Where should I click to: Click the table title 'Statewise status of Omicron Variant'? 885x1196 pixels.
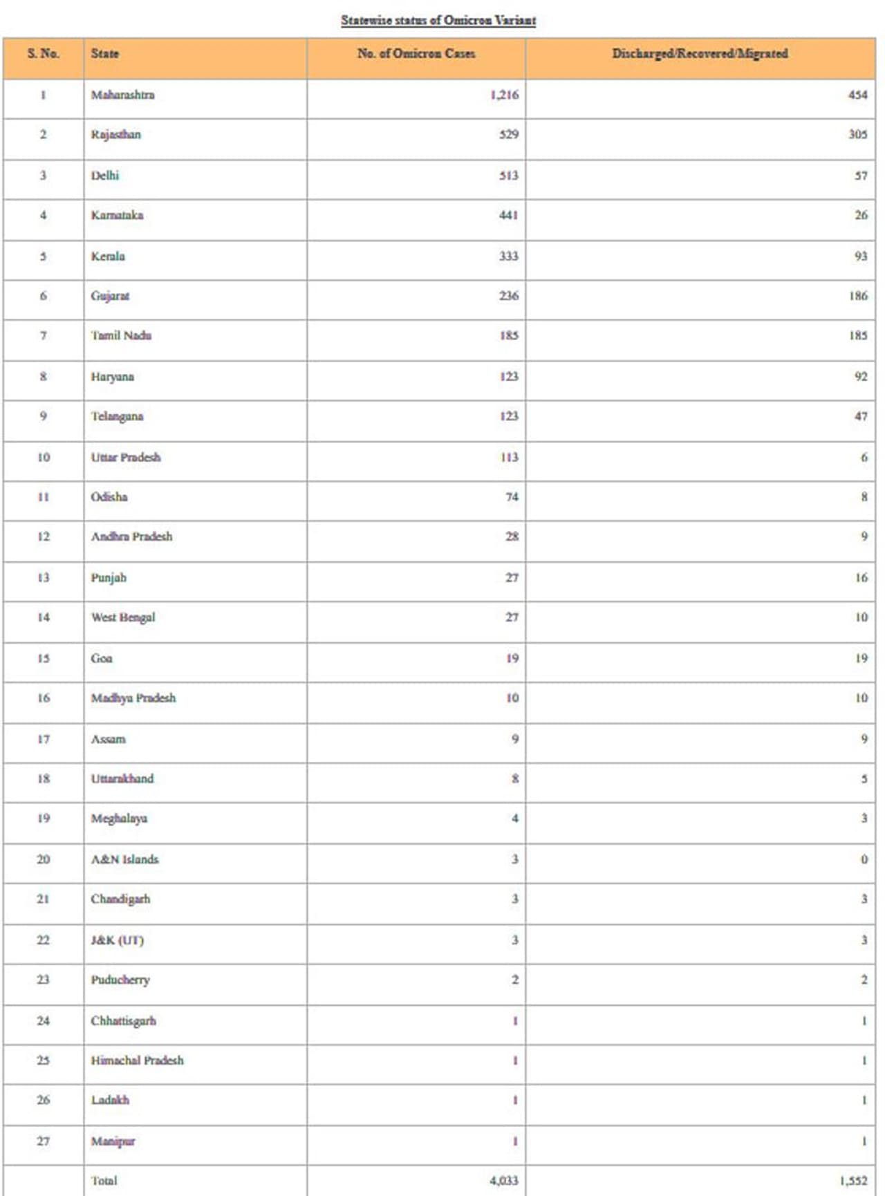click(438, 20)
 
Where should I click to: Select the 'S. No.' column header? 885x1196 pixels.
click(43, 53)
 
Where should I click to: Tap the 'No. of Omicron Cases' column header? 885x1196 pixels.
click(416, 53)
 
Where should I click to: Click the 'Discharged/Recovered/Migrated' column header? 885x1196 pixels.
click(700, 53)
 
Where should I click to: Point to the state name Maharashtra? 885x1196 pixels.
click(123, 95)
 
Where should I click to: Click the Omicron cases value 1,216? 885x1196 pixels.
click(504, 95)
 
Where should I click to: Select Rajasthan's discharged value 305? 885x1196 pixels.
click(857, 134)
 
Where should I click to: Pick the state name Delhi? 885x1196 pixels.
click(105, 175)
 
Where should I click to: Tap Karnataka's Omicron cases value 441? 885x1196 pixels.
click(508, 215)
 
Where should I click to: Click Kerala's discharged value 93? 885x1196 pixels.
click(860, 256)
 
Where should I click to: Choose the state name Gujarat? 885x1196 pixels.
click(110, 296)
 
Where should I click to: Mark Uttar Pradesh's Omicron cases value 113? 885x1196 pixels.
click(509, 457)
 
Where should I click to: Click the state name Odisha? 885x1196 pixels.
click(109, 496)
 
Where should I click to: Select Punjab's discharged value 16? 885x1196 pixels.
click(860, 577)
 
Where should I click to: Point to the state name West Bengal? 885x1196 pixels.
click(123, 617)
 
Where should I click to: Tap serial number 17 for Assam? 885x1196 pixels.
click(43, 739)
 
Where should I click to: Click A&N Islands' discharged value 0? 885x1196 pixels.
click(864, 859)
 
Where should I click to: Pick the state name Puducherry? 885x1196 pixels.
click(120, 980)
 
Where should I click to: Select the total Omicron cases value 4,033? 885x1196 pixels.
click(503, 1181)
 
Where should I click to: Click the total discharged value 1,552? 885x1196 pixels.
click(853, 1181)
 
